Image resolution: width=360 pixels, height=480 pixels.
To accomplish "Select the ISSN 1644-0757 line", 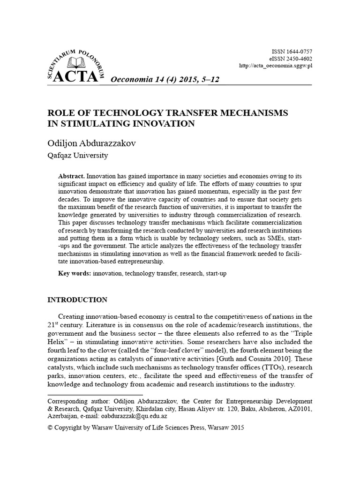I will tap(292, 51).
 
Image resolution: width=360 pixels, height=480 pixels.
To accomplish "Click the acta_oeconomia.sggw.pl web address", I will tap(276, 66).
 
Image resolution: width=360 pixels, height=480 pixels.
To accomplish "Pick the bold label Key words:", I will tap(75, 273).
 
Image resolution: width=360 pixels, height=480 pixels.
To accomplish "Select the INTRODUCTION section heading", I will tap(78, 300).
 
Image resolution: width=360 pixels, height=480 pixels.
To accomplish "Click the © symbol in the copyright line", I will tap(51, 428).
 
